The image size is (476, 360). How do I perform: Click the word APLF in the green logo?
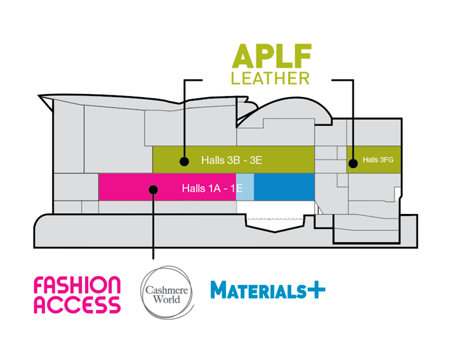click(271, 57)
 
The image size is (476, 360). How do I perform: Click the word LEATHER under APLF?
click(270, 79)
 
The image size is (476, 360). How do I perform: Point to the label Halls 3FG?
click(378, 160)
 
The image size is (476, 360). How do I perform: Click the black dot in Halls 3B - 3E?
click(183, 161)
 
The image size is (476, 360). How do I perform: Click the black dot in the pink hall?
click(152, 189)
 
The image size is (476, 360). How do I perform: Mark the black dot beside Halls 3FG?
click(353, 163)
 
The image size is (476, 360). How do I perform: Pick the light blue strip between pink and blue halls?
click(245, 188)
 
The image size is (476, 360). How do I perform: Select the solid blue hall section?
click(284, 188)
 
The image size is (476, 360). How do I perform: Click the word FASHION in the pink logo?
click(77, 285)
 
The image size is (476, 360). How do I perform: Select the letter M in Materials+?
click(220, 291)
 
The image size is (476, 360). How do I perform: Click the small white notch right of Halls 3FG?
click(397, 192)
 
